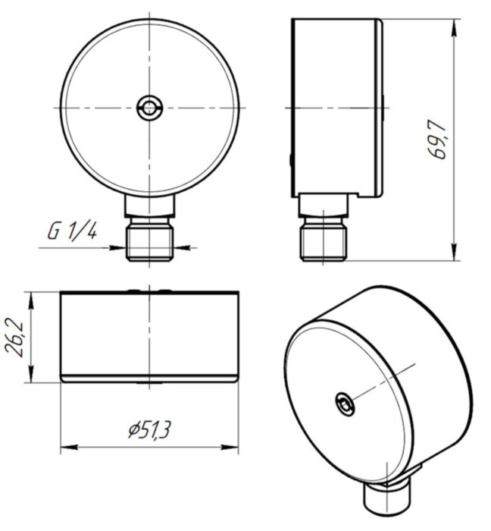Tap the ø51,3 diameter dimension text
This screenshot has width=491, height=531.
[150, 430]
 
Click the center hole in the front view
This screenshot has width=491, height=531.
[149, 108]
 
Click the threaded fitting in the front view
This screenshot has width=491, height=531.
[149, 241]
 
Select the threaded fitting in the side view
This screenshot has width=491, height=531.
[324, 241]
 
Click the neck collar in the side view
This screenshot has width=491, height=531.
[324, 206]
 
